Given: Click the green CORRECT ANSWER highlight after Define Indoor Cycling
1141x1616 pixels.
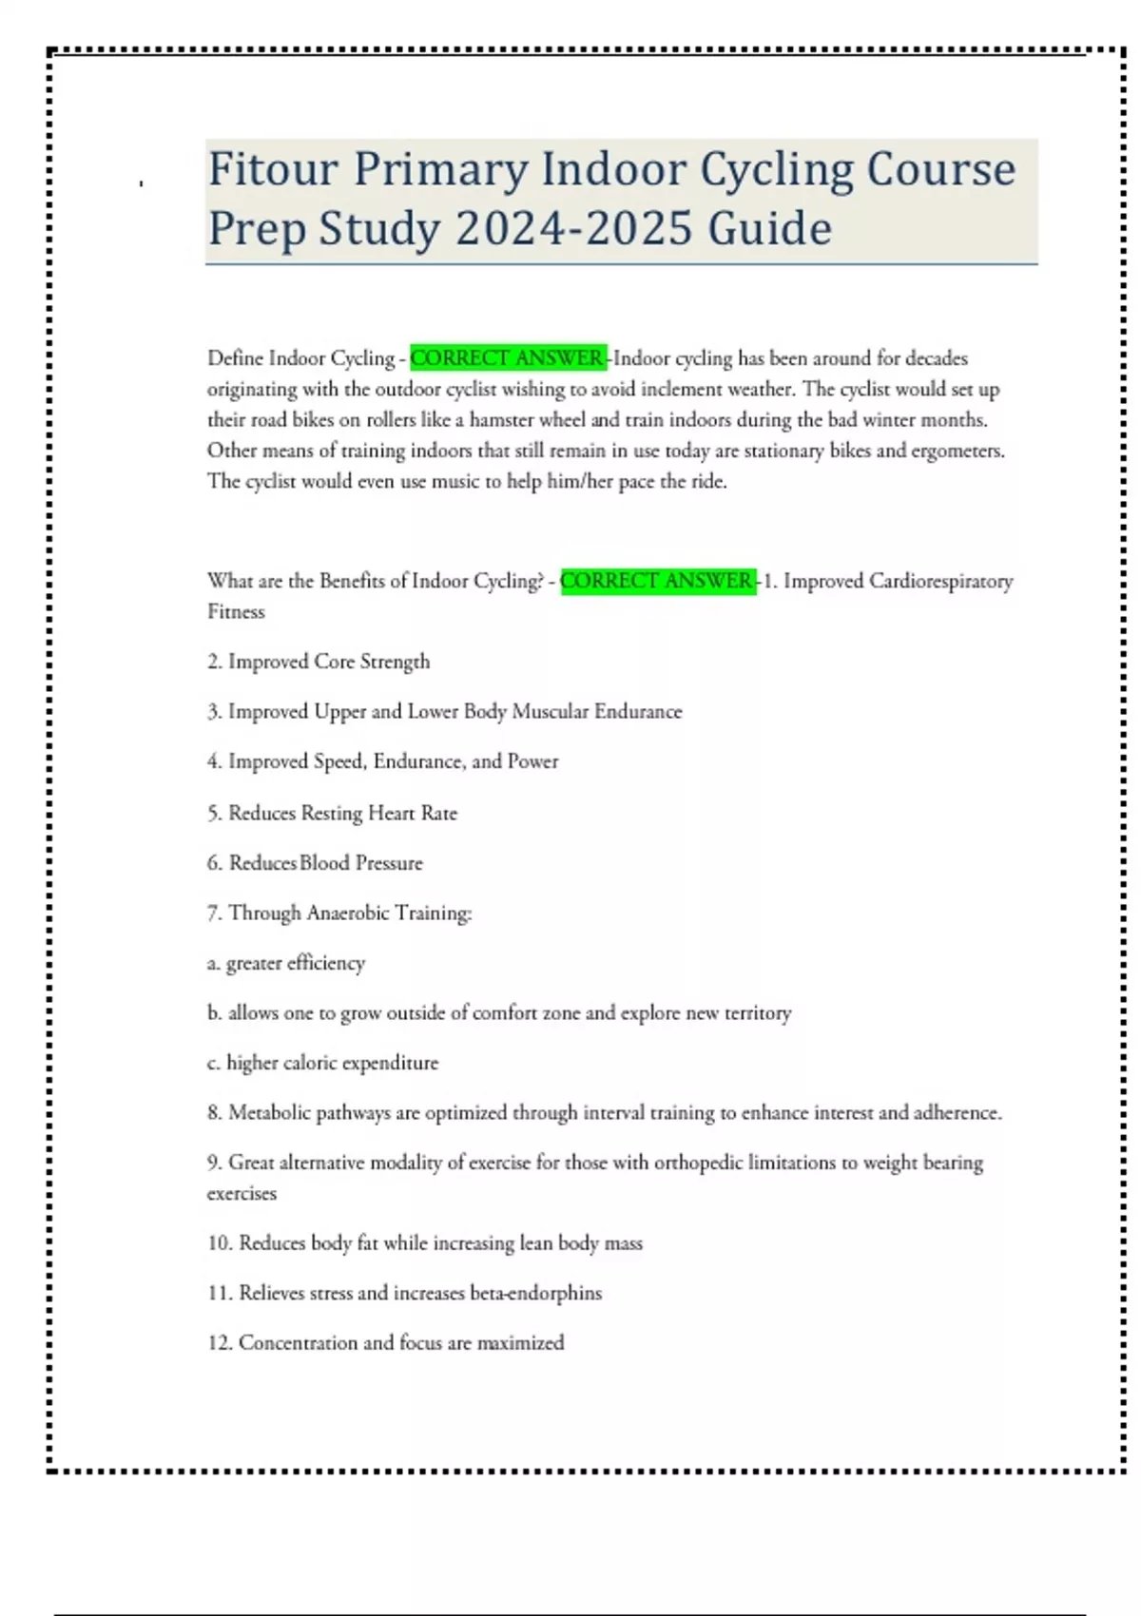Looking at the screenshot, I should click(x=508, y=358).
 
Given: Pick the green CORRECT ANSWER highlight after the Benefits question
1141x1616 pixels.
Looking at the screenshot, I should click(x=658, y=581).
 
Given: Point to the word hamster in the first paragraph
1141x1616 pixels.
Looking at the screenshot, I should click(x=503, y=419).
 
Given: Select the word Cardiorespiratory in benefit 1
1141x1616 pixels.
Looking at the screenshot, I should click(x=940, y=581).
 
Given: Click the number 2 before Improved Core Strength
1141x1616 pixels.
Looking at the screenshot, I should click(x=214, y=662).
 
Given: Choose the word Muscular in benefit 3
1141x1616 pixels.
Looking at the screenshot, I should click(x=550, y=711).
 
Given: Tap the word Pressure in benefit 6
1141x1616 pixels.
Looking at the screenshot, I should click(x=388, y=863).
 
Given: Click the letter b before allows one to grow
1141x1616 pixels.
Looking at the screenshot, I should click(x=213, y=1013).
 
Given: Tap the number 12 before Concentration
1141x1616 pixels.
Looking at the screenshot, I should click(x=219, y=1342).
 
